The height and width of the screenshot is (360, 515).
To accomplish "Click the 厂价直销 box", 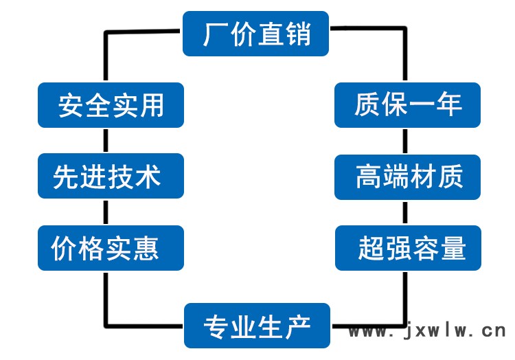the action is point(255,34).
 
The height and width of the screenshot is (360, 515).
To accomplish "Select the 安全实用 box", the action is point(111,105).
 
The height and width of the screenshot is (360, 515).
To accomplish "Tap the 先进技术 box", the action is point(111,176).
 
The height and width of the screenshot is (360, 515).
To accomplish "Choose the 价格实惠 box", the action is point(111,248).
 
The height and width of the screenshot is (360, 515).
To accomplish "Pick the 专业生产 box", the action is point(257,326).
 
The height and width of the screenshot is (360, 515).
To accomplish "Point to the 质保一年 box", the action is point(407,105).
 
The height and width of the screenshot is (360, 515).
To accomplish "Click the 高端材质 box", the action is point(407,177).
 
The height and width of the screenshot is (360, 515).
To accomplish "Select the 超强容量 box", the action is point(408,248).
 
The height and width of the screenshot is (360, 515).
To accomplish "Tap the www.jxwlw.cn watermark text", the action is point(427,330).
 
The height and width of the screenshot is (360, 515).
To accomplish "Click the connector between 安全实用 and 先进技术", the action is point(106,141).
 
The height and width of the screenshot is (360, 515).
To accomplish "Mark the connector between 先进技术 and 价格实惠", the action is point(106,212).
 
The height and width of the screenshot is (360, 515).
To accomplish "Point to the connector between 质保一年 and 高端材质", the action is point(405,142).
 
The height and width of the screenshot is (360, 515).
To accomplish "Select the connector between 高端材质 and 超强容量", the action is point(405,212).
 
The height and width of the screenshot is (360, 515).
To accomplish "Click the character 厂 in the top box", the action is point(216,34).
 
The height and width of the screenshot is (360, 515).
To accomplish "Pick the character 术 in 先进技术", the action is point(148,177).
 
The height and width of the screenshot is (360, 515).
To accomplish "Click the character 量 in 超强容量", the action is point(453,248).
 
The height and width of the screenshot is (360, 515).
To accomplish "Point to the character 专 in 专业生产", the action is point(216,327).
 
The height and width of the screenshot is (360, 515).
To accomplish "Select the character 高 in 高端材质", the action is point(369,177).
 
